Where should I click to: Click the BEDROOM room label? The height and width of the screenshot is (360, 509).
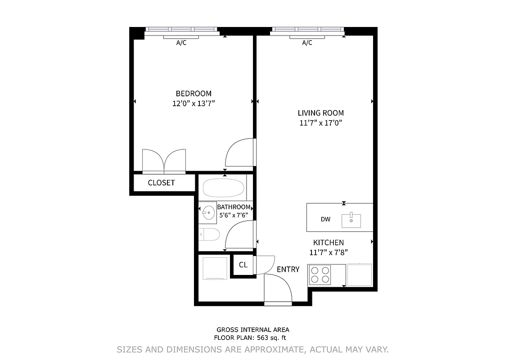[x=194, y=94]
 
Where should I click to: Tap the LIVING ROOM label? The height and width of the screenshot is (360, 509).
[x=320, y=113]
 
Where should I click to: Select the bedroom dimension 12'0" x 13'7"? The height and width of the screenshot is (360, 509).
[x=194, y=103]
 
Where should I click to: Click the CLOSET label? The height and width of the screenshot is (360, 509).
[x=161, y=183]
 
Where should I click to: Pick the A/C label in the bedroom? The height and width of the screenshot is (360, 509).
[x=181, y=43]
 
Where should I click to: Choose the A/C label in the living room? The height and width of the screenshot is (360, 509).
[x=307, y=43]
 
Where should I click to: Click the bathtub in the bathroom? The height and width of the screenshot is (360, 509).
[x=223, y=188]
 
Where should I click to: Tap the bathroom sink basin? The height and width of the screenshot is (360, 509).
[x=208, y=213]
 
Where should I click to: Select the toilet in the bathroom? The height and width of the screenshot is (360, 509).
[x=209, y=234]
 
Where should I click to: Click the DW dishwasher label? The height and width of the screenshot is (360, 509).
[x=325, y=220]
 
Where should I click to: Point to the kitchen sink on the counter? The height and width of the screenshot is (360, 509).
[x=351, y=220]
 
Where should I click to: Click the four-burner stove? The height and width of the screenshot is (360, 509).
[x=320, y=275]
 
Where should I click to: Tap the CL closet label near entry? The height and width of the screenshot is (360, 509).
[x=243, y=265]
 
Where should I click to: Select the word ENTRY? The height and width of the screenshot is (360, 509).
[x=288, y=270]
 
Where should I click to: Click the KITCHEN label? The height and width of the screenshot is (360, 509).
[x=329, y=243]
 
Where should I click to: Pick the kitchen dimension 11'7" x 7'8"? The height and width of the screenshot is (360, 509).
[x=329, y=252]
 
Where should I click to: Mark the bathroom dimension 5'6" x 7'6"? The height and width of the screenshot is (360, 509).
[x=234, y=215]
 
